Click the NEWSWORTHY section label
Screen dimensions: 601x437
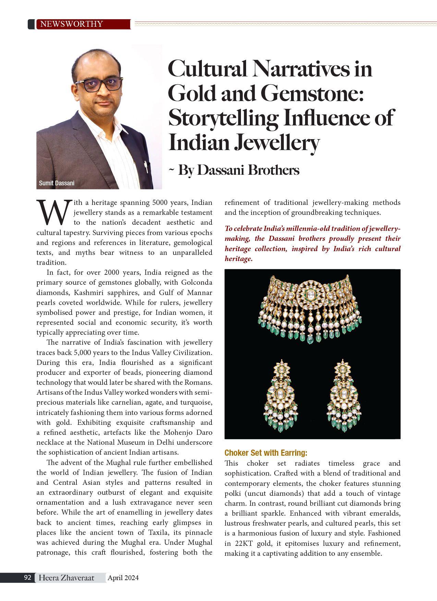point(71,24)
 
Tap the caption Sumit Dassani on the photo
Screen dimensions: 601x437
point(57,183)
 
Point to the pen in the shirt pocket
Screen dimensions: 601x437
point(146,167)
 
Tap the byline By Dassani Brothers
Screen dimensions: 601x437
point(239,170)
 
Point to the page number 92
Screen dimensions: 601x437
point(28,577)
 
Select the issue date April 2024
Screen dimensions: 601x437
point(123,578)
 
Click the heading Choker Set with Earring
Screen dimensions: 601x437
point(266,453)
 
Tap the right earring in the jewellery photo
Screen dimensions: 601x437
point(343,394)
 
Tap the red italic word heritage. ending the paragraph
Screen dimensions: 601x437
point(239,259)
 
